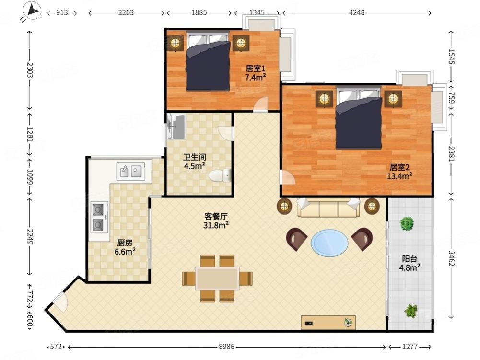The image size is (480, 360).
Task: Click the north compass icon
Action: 32,11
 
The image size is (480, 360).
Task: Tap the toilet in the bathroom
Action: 220,175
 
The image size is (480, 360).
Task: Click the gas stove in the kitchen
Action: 99,217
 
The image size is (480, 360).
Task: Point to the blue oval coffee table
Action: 329,244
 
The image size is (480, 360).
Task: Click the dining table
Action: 217,279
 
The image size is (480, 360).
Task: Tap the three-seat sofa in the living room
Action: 328,208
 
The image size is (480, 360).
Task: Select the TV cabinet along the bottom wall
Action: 328,322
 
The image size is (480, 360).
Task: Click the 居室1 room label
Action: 255,69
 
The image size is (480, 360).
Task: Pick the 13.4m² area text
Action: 399,176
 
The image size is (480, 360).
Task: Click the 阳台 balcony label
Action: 410,259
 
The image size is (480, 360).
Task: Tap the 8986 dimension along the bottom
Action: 226,347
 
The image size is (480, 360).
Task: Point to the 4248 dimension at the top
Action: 357,12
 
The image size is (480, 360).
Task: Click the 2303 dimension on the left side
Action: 30,70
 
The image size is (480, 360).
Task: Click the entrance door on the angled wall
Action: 60,302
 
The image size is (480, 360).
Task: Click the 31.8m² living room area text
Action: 216,225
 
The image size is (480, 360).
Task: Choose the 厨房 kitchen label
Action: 125,243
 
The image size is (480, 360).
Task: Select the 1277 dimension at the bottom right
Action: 410,347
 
